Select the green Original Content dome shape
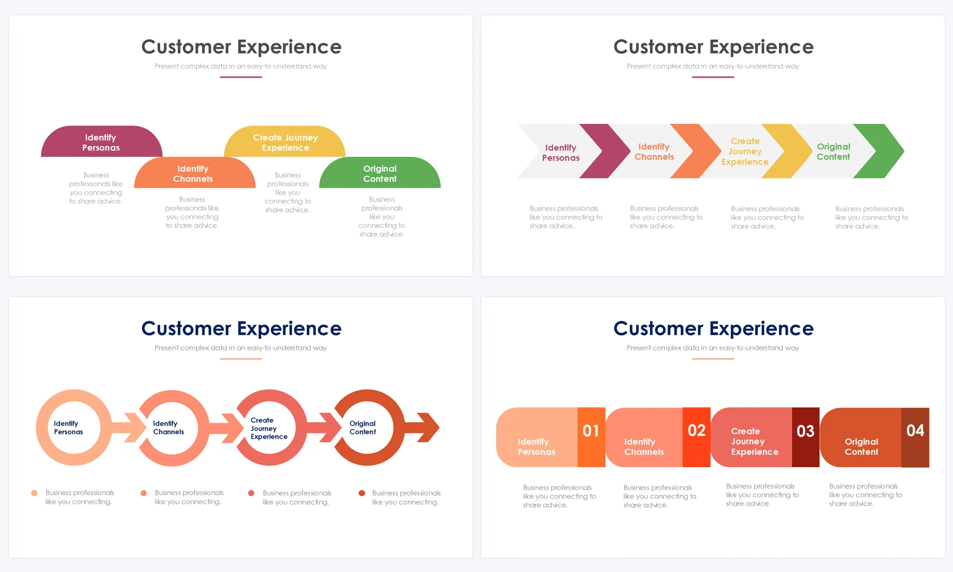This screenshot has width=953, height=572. [380, 174]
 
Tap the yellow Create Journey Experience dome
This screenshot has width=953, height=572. [285, 142]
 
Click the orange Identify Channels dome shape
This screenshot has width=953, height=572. [193, 174]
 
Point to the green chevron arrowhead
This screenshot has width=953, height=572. [882, 151]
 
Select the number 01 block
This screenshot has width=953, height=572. [591, 437]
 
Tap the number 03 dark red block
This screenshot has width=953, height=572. [805, 437]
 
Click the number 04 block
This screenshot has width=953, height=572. [915, 437]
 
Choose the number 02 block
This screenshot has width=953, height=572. [696, 437]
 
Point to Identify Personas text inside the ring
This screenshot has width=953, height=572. [68, 428]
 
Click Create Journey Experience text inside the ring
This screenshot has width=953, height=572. [269, 428]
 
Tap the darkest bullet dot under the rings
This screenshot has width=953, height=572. [362, 493]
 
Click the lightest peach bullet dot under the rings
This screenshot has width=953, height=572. [34, 493]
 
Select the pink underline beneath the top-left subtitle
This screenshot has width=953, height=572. [241, 77]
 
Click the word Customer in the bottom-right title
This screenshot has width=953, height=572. [658, 328]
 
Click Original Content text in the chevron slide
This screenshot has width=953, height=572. [833, 152]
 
